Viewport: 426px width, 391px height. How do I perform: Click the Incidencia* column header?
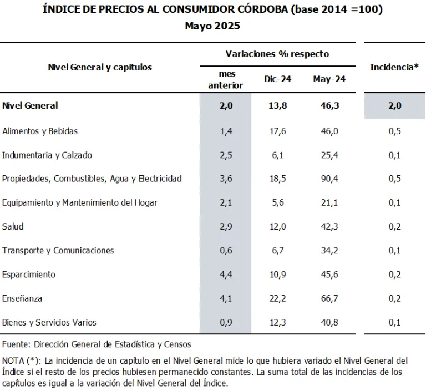point(394,67)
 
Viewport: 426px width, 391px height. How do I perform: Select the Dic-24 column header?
point(277,79)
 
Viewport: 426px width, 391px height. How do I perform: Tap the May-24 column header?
point(329,79)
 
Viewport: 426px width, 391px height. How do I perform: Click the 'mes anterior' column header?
point(226,79)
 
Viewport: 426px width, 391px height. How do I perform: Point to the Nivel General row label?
point(30,105)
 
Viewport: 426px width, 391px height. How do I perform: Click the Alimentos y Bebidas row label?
point(40,131)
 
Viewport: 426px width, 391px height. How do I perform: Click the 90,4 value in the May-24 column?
point(329,179)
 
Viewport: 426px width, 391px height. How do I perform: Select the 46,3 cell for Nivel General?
point(329,105)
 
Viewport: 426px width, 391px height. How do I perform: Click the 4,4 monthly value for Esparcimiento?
point(226,275)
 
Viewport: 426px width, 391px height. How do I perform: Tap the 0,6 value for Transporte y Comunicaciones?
point(226,250)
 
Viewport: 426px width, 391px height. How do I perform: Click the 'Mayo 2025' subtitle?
point(212,26)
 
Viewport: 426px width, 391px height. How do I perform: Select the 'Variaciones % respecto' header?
point(277,54)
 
